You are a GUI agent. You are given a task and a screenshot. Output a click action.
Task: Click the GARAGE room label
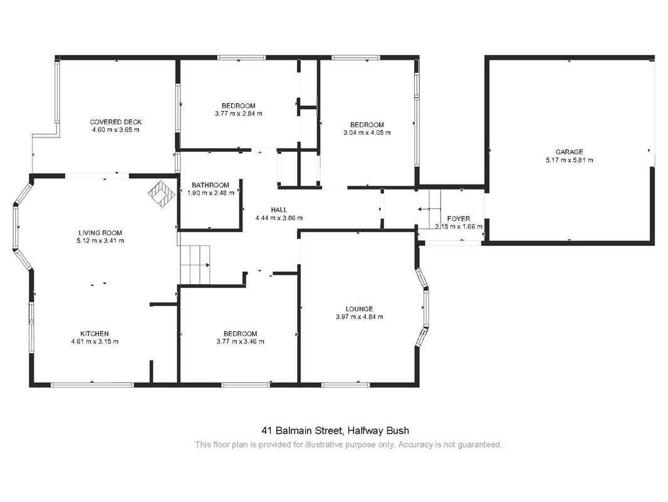coord(569,152)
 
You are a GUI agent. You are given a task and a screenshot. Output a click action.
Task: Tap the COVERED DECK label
coord(115,122)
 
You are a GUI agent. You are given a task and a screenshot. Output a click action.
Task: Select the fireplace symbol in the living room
coord(162,194)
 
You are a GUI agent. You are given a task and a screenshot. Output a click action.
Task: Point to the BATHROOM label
coord(211,185)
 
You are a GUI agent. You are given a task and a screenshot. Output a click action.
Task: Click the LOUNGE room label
coord(359,309)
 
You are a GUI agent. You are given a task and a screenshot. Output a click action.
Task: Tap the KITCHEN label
coord(95,334)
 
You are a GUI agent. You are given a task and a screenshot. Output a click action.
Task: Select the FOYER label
coord(459,219)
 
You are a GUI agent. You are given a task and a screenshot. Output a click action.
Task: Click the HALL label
coord(279,210)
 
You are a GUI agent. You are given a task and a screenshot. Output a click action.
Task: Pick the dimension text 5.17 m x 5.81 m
coord(569,161)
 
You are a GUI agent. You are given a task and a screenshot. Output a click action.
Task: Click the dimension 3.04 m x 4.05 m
coord(367,132)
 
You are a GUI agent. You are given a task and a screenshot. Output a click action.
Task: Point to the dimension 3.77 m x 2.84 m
coord(239,114)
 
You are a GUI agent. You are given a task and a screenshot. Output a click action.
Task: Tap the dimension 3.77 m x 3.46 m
coord(240,341)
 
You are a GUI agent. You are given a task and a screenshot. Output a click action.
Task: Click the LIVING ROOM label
coord(100,233)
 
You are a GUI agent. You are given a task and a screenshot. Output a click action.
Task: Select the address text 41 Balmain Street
coord(303,430)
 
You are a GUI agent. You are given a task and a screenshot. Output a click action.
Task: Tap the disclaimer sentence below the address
coord(348,445)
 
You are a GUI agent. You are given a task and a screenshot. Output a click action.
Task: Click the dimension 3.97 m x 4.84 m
coord(359,317)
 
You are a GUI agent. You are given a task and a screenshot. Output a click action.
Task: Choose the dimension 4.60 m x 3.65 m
coord(115,130)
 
